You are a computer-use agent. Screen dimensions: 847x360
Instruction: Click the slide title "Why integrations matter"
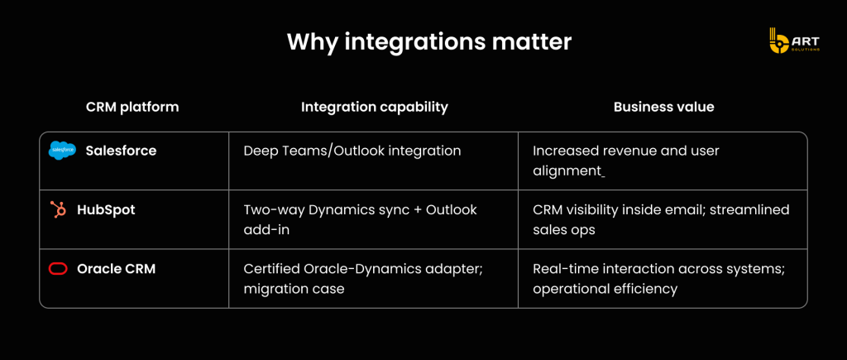(429, 41)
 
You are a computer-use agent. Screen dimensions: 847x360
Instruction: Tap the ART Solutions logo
(794, 41)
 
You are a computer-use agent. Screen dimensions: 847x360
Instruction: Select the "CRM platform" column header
(132, 107)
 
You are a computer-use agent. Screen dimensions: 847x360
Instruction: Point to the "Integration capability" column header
(375, 107)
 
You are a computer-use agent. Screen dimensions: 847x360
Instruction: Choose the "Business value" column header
(664, 107)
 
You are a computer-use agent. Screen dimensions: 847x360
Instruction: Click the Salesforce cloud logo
(63, 151)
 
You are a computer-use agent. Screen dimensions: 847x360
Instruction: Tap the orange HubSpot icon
(58, 209)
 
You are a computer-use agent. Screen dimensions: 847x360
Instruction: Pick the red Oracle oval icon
(58, 269)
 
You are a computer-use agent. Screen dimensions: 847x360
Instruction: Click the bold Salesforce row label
(121, 151)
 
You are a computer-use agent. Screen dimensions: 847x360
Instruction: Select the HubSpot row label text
(106, 209)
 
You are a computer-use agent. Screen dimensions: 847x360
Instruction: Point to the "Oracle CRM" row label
(116, 269)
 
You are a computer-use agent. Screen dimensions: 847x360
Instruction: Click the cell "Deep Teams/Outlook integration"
(352, 151)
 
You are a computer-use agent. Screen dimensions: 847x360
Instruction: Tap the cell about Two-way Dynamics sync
(361, 219)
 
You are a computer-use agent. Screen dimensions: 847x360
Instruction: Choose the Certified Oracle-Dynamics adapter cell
(363, 278)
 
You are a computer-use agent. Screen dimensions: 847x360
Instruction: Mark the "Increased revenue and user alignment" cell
(626, 161)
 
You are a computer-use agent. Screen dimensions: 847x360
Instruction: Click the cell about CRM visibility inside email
(661, 219)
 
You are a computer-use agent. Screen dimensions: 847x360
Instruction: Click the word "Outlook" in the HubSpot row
(452, 209)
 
